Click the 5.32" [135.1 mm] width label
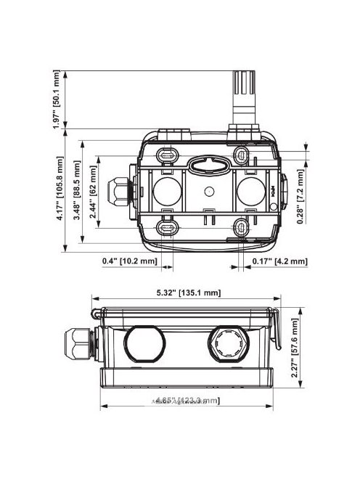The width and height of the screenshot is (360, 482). pos(187,293)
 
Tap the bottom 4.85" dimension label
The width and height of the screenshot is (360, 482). pos(183,401)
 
